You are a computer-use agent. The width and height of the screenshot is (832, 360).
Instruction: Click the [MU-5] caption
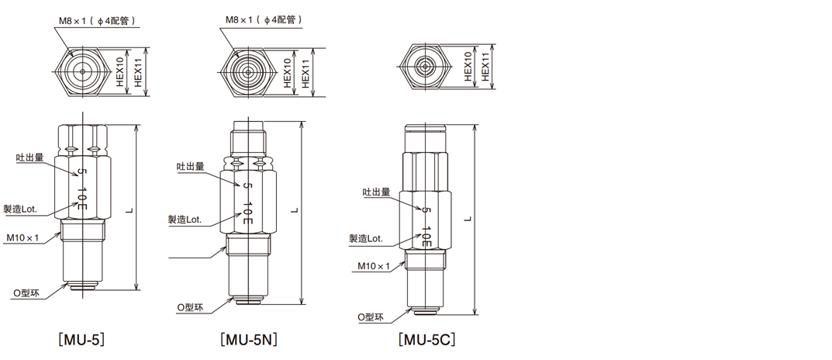tap(81, 339)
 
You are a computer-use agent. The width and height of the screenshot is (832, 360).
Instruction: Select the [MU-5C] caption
tap(426, 339)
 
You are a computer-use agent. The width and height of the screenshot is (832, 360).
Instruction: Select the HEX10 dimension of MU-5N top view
tap(288, 70)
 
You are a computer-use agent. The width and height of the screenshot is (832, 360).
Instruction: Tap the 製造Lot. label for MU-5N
tap(185, 220)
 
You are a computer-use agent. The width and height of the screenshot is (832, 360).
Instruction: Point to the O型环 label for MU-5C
tap(371, 317)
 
